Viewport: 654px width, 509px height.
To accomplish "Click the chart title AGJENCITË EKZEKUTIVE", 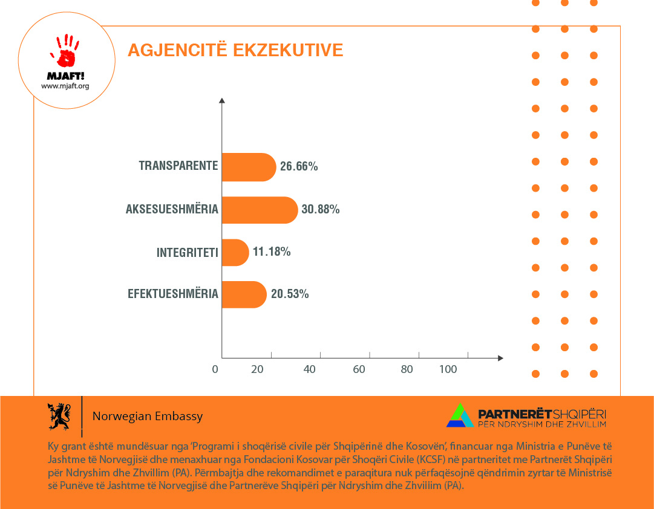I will (235, 50).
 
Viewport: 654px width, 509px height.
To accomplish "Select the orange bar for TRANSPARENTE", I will (249, 167).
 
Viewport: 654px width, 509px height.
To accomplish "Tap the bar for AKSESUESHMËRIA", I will (260, 210).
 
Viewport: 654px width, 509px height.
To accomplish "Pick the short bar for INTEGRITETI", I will (235, 253).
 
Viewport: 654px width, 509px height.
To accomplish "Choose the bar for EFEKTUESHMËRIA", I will (244, 294).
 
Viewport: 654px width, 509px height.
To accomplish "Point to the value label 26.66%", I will (299, 167).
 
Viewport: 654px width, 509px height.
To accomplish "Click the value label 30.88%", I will (321, 210).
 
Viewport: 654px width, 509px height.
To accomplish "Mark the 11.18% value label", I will (272, 252).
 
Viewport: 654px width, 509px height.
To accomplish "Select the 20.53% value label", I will (290, 294).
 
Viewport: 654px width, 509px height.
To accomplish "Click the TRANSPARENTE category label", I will (178, 166).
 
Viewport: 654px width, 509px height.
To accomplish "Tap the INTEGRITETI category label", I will (187, 252).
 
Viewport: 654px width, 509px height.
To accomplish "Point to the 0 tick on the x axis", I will (215, 369).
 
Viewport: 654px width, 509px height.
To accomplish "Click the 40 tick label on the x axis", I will (310, 369).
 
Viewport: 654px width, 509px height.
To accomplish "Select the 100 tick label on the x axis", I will (448, 369).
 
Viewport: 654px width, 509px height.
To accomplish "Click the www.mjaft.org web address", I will (65, 86).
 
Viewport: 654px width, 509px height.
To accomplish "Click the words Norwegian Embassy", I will (147, 417).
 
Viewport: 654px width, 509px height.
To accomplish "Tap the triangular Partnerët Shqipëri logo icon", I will (460, 415).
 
